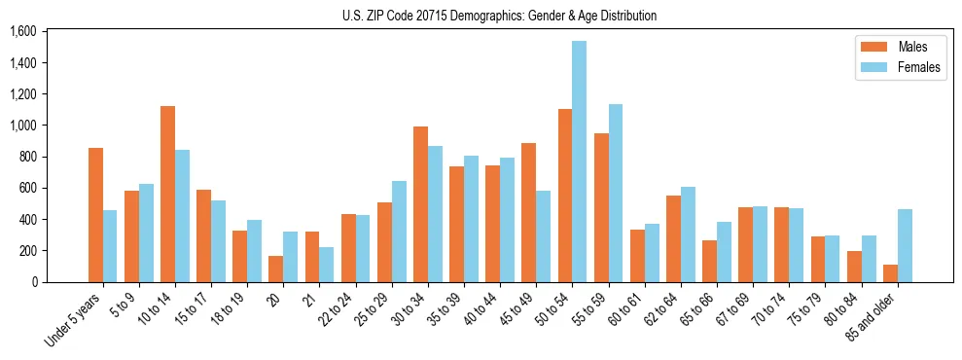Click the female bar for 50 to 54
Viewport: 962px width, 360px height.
(579, 162)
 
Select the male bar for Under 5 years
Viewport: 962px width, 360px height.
(95, 215)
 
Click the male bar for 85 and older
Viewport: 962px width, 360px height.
(890, 273)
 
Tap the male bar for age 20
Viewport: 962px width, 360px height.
(276, 269)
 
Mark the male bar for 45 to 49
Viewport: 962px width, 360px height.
(528, 212)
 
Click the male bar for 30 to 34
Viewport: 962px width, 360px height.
(420, 204)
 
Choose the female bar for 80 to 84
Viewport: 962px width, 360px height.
(869, 259)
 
